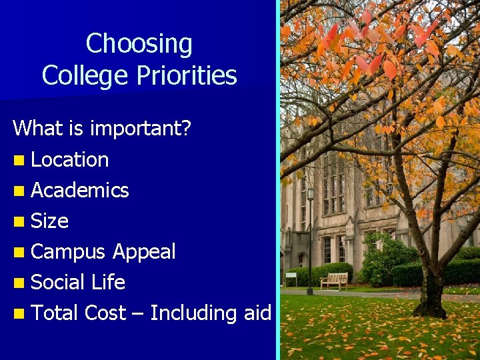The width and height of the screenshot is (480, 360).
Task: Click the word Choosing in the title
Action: [x=139, y=45]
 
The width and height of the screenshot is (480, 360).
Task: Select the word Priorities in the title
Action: [x=188, y=75]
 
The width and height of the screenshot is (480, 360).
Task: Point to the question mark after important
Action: [x=187, y=128]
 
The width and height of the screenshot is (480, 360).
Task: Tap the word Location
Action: [x=70, y=160]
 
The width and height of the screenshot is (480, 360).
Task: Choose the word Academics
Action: [x=80, y=191]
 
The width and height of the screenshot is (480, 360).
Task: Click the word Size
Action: [x=50, y=221]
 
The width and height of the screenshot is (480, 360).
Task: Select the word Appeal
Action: [x=144, y=252]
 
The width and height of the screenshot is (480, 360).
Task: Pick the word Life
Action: [x=108, y=283]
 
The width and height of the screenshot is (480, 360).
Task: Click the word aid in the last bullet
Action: [x=257, y=313]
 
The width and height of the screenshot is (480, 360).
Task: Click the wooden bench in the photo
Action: [x=334, y=280]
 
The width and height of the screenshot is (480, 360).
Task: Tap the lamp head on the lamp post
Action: [x=311, y=194]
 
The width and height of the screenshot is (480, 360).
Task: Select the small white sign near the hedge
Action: [x=291, y=275]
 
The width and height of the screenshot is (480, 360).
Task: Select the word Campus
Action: [x=69, y=252]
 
